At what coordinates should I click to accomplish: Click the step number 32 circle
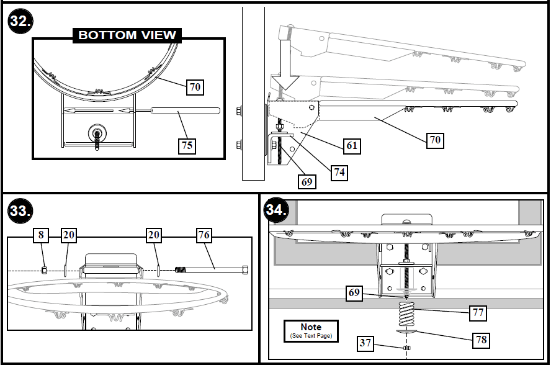(x=20, y=22)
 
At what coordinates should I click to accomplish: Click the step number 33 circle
(x=20, y=211)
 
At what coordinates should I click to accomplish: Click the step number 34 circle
(x=276, y=209)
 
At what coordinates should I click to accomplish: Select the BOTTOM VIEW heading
(x=127, y=35)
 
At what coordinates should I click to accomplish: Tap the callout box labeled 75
(x=186, y=145)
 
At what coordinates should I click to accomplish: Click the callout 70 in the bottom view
(x=195, y=87)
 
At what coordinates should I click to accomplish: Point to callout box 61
(x=352, y=146)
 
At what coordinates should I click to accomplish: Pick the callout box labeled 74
(x=338, y=173)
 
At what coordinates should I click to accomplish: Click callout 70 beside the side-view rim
(x=435, y=140)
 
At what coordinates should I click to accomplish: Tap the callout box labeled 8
(x=41, y=235)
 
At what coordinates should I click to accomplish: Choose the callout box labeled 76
(x=204, y=235)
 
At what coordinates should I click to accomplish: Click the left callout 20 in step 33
(x=68, y=235)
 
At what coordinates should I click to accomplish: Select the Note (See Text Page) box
(x=311, y=330)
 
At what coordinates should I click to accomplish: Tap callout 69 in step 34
(x=354, y=292)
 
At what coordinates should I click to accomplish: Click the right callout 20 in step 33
(x=155, y=235)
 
